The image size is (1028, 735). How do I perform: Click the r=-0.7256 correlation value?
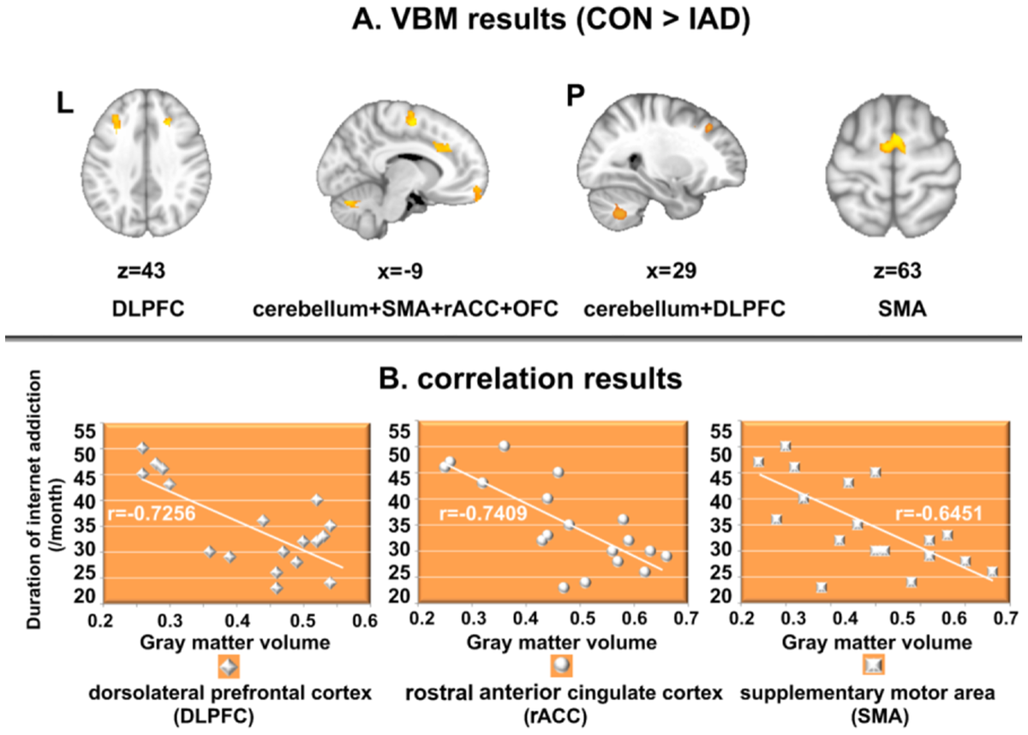(152, 513)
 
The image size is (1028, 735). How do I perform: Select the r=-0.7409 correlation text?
(483, 513)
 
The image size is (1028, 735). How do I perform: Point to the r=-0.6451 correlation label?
(939, 513)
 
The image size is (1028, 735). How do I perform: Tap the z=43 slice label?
(141, 271)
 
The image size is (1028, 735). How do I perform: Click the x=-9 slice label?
(400, 271)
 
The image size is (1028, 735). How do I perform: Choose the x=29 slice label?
(671, 271)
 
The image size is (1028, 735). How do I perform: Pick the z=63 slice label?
(897, 271)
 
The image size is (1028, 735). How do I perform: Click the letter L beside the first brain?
(65, 105)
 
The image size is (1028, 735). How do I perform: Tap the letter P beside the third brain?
(576, 95)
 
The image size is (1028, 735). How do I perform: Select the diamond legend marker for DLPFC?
(229, 666)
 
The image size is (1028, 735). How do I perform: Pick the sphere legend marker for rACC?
(561, 666)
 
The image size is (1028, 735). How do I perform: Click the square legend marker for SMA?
(874, 666)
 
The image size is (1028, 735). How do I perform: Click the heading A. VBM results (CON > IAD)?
(551, 21)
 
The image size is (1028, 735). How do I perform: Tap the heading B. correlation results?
(530, 379)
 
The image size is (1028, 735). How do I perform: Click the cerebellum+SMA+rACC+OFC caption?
(405, 308)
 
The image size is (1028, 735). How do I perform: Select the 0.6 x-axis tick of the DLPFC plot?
(366, 621)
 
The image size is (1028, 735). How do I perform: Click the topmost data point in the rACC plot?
(505, 446)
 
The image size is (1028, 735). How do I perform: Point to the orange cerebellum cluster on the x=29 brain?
(619, 212)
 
